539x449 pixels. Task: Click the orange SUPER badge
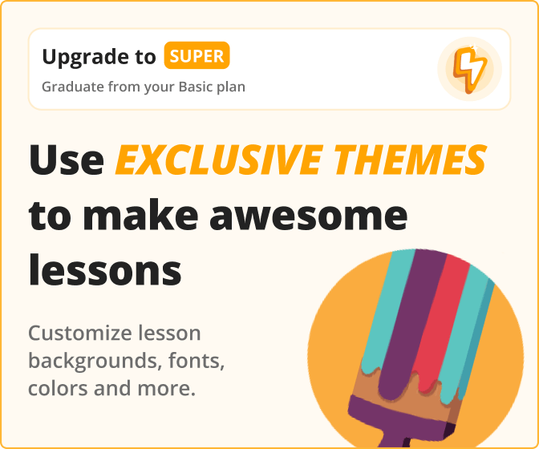[x=197, y=55]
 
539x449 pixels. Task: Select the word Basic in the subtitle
[x=195, y=87]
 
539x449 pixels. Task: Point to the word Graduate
[x=73, y=87]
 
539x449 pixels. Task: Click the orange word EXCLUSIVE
[x=220, y=160]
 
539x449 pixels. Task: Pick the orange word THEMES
[x=411, y=160]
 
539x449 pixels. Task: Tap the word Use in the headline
[x=67, y=160]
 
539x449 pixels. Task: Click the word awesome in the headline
[x=308, y=216]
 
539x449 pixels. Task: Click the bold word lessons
[x=105, y=269]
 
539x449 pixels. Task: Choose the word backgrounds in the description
[x=95, y=362]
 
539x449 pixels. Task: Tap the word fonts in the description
[x=197, y=361]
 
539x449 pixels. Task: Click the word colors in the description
[x=58, y=388]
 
